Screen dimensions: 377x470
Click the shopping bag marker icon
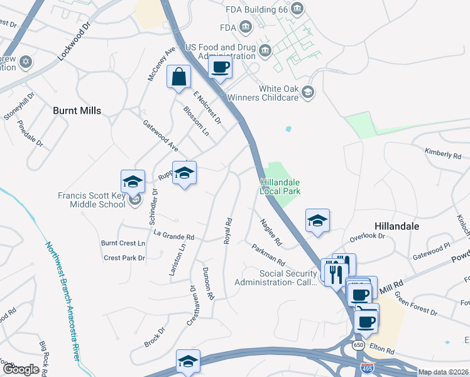click(x=180, y=77)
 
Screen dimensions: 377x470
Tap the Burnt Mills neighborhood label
click(x=77, y=111)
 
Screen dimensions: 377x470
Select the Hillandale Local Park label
click(x=281, y=187)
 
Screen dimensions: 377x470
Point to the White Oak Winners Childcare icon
click(x=308, y=92)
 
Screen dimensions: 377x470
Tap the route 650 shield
click(x=358, y=346)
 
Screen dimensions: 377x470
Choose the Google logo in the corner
click(x=21, y=369)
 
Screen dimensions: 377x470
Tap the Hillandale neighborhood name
click(x=396, y=225)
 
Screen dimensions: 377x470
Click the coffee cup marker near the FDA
click(x=220, y=67)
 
